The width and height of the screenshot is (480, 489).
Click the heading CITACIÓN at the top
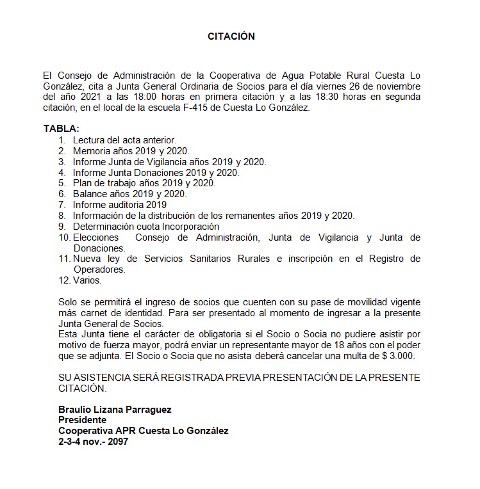point(231,36)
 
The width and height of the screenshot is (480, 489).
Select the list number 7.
point(62,205)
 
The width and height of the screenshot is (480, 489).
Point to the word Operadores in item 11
point(98,269)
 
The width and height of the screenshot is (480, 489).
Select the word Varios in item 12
point(87,280)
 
